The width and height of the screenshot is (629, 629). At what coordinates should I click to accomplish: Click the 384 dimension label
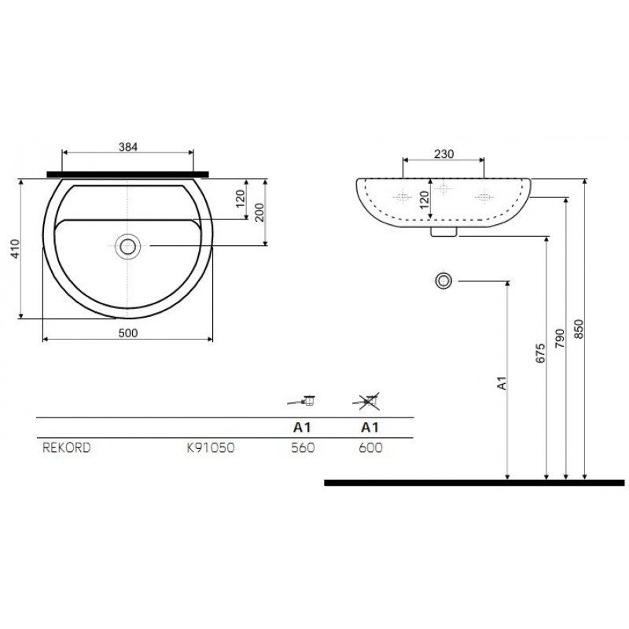point(128,147)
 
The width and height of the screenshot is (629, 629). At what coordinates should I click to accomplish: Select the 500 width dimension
point(128,333)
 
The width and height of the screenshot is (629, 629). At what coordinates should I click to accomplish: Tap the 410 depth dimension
point(15,248)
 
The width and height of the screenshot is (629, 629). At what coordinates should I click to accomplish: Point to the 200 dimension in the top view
point(260,212)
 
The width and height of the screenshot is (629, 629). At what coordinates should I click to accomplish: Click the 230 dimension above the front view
point(443,154)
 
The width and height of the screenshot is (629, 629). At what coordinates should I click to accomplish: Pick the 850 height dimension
point(579,329)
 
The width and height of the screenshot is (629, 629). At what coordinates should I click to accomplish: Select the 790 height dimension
point(560,339)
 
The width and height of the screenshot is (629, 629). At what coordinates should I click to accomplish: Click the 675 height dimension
point(540,353)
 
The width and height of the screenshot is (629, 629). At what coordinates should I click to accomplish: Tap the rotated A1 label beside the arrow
point(502,383)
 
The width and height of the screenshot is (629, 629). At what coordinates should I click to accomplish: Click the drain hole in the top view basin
point(127,247)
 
